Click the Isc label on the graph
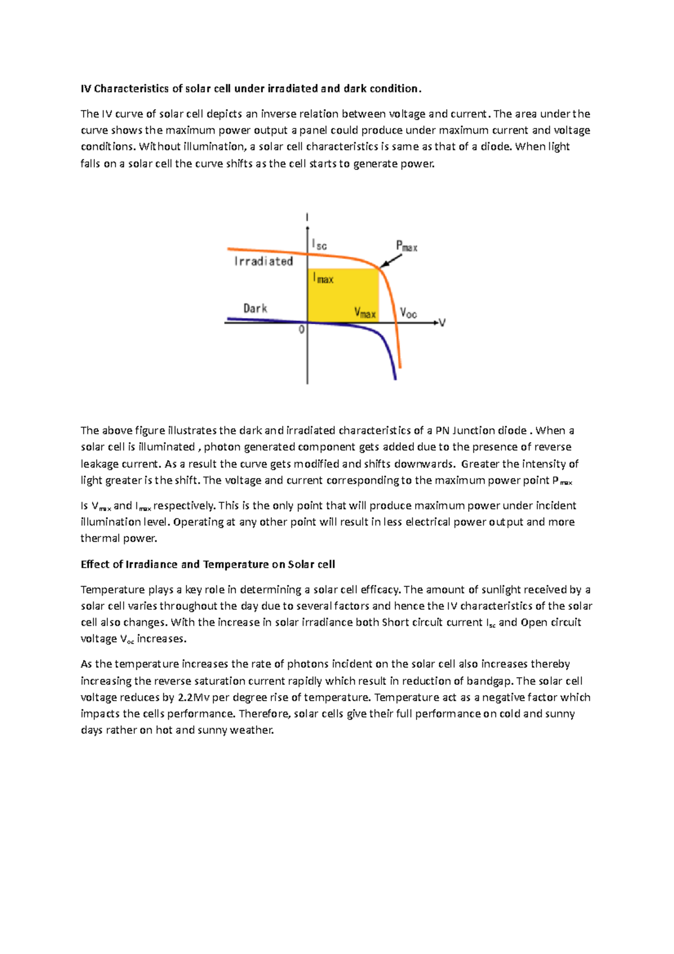(319, 244)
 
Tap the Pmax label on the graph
(407, 246)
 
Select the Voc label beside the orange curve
(408, 313)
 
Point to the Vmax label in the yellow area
(365, 312)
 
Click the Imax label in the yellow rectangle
(324, 278)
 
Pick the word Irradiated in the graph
(263, 261)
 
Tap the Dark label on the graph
(255, 308)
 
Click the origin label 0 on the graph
(302, 330)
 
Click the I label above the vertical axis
(307, 217)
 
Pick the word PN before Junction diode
(443, 431)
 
